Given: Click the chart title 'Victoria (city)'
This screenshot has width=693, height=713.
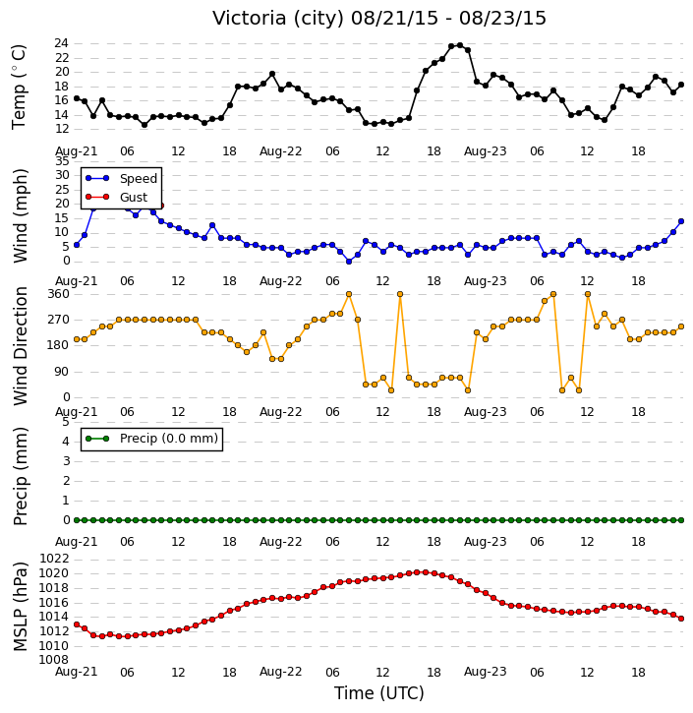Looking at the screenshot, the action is [x=279, y=19].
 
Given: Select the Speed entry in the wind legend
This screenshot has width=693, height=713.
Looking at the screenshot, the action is [x=121, y=178].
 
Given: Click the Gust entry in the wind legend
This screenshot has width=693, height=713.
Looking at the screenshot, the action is [x=116, y=197].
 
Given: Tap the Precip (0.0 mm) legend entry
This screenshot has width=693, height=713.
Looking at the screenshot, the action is [x=151, y=439].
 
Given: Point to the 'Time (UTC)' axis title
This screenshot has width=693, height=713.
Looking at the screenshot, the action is [x=379, y=693].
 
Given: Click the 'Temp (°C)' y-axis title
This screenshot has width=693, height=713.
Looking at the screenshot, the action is [x=19, y=87].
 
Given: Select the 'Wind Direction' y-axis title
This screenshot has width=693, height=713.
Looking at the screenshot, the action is [x=21, y=345].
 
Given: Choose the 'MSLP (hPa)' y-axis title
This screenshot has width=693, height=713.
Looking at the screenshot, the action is [x=21, y=607].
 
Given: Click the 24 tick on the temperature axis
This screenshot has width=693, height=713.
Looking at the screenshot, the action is [x=61, y=43].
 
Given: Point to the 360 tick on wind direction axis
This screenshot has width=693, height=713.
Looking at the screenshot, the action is [x=59, y=294].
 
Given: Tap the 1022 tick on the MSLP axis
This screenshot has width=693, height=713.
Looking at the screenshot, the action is [x=54, y=559].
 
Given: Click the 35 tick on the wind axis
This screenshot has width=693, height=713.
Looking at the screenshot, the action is [x=62, y=161].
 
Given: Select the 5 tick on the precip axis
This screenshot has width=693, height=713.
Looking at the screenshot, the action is [x=66, y=422].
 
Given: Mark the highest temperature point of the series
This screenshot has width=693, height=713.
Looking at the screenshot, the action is [x=460, y=45].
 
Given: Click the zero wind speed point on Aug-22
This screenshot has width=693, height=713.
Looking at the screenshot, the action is [x=349, y=262].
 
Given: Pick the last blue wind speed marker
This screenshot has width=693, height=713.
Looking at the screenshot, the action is [x=681, y=221].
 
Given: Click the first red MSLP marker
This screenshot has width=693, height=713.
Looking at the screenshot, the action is [x=77, y=624].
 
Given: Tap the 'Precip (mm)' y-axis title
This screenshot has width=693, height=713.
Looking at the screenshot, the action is [x=21, y=476].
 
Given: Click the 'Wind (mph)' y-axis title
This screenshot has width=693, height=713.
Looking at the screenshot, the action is [x=21, y=215].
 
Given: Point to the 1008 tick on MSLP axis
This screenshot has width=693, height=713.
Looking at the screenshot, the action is [x=54, y=660].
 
